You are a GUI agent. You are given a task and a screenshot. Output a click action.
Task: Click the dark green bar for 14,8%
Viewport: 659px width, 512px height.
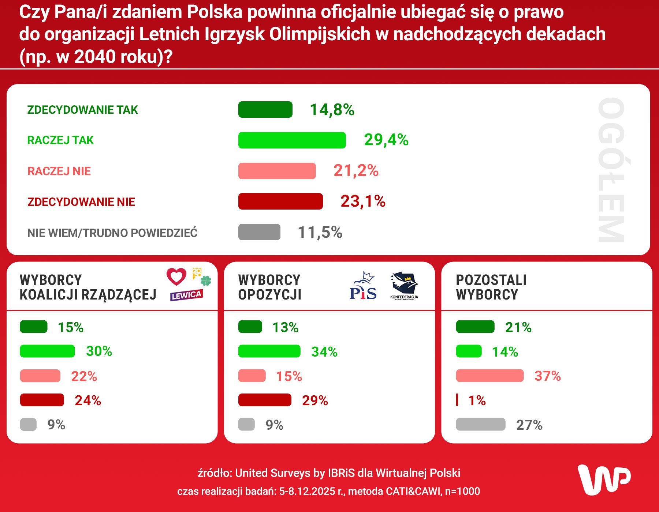[265, 110]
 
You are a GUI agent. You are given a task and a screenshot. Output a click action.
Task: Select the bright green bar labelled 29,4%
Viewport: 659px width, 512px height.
[292, 140]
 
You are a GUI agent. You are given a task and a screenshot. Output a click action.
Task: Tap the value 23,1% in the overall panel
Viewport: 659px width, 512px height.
[363, 201]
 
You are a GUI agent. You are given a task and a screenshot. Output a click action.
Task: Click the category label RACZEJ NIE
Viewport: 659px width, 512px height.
[59, 171]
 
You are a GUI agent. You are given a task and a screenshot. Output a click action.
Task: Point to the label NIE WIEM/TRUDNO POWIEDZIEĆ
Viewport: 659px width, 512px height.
[112, 233]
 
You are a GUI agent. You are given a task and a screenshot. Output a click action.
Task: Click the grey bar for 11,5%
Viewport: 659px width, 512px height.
[259, 232]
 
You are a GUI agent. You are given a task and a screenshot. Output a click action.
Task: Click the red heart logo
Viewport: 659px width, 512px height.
[176, 277]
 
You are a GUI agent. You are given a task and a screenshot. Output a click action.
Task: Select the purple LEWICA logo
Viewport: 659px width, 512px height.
[186, 295]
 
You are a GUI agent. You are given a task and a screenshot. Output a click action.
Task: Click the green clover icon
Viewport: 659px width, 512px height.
[206, 281]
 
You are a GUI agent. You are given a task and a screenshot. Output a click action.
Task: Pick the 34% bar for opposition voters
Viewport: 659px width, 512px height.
[269, 351]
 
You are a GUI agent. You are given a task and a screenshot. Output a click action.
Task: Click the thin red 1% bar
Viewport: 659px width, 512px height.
[457, 400]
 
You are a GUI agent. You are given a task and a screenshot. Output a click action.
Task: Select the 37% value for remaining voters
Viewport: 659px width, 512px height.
[547, 376]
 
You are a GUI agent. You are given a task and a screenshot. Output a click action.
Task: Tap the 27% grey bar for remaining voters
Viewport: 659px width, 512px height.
[480, 425]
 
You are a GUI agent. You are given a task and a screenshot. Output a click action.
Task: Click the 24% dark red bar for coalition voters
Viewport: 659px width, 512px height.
[42, 400]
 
